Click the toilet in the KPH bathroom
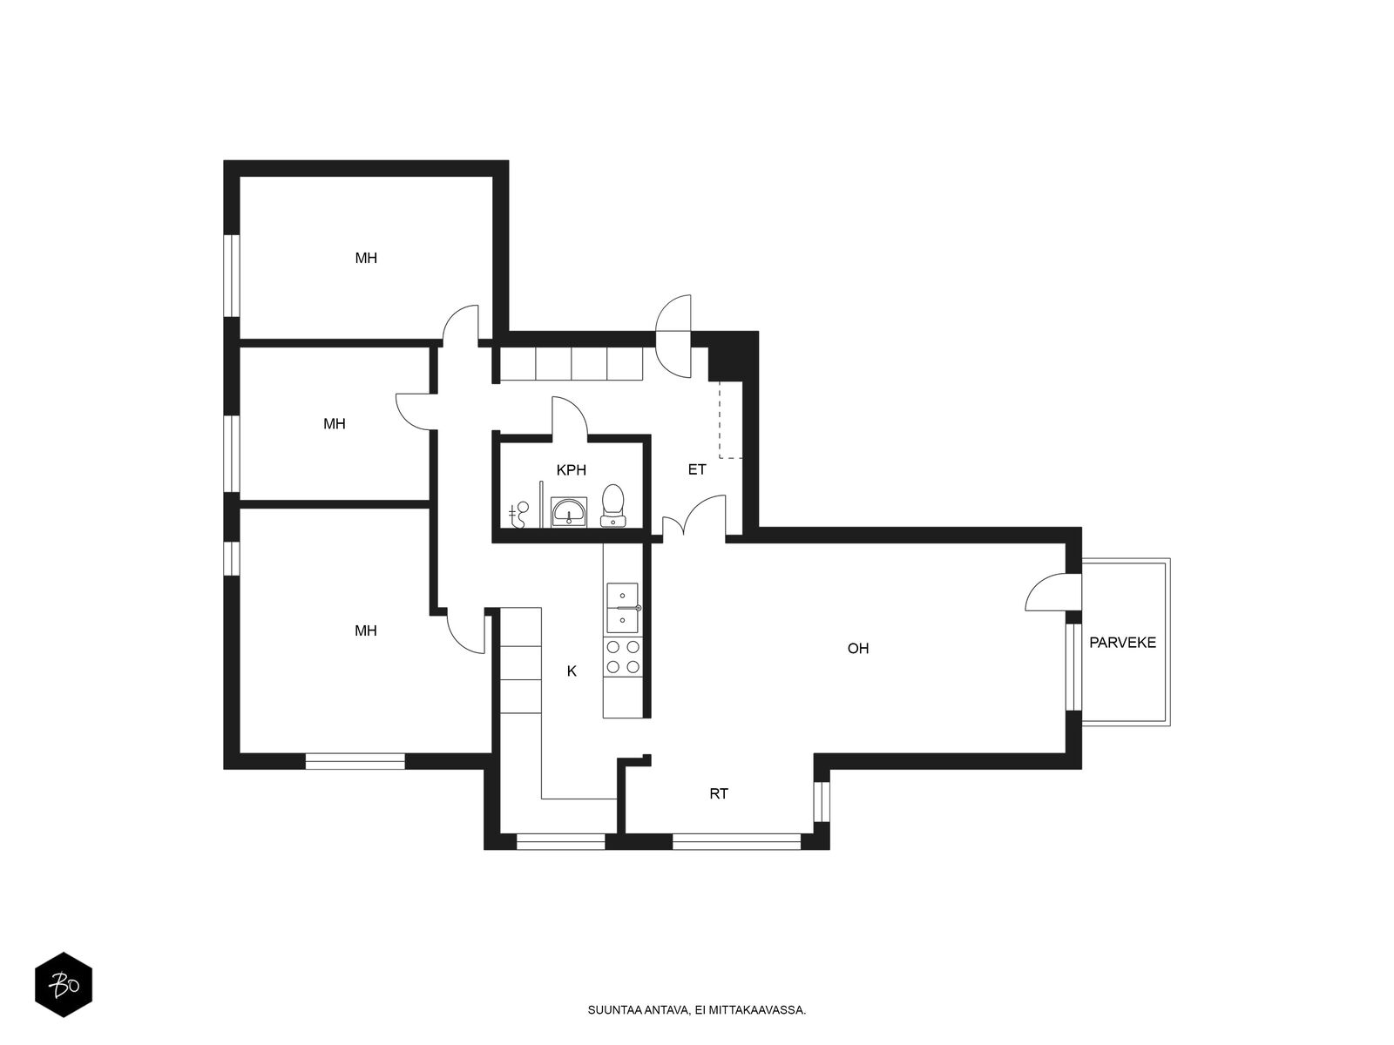pyautogui.click(x=613, y=506)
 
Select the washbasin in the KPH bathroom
pyautogui.click(x=568, y=512)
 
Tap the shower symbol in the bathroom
pyautogui.click(x=519, y=516)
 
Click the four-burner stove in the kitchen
pyautogui.click(x=622, y=657)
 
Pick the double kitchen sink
pyautogui.click(x=622, y=608)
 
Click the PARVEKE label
pyautogui.click(x=1122, y=643)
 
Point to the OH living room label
pyautogui.click(x=858, y=649)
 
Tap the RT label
pyautogui.click(x=719, y=793)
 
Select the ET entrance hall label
pyautogui.click(x=697, y=469)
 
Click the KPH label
pyautogui.click(x=571, y=470)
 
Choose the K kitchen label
pyautogui.click(x=572, y=671)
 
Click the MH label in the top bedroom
pyautogui.click(x=366, y=259)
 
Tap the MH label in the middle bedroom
pyautogui.click(x=334, y=424)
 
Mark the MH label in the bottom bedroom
pyautogui.click(x=366, y=630)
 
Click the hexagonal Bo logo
pyautogui.click(x=64, y=985)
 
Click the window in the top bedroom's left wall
pyautogui.click(x=232, y=275)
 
